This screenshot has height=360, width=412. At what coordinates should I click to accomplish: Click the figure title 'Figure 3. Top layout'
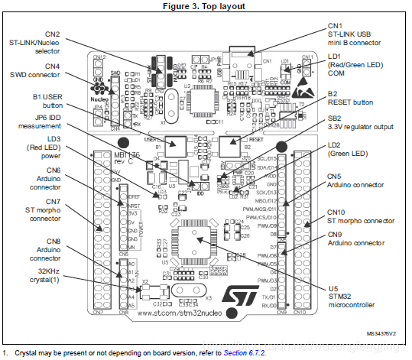[x=205, y=6]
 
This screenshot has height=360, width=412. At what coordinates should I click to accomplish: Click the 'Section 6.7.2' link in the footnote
[x=249, y=352]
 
